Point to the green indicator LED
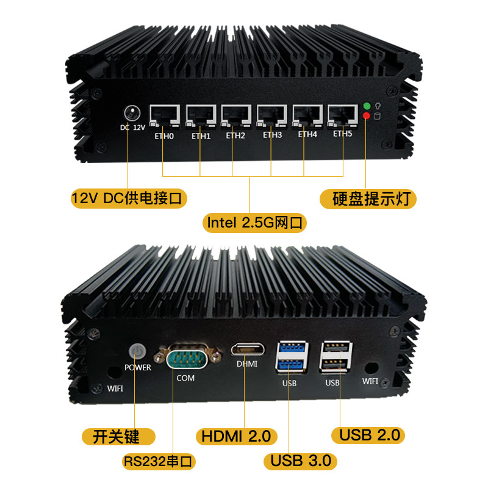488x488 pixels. (367, 107)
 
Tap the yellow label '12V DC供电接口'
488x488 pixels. (129, 198)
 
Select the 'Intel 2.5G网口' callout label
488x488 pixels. (255, 223)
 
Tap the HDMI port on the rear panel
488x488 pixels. (246, 350)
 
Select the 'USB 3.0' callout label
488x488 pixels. (301, 460)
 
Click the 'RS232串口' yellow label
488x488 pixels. (158, 461)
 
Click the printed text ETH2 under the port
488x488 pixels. (235, 135)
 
